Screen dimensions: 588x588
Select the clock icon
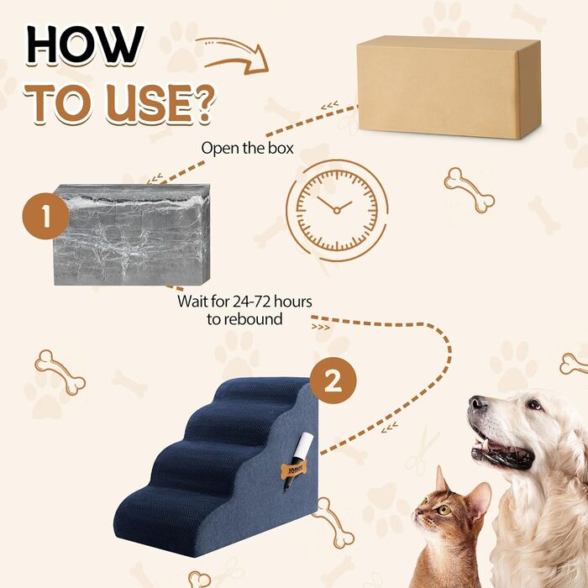click(x=337, y=206)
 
